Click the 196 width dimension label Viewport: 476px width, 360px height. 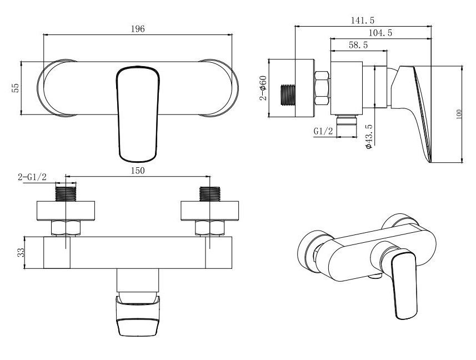coord(138,29)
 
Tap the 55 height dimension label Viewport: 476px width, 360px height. coord(15,88)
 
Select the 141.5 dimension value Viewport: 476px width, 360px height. coord(363,21)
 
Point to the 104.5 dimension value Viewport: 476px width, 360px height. coord(380,32)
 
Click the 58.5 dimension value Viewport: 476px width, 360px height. coord(358,45)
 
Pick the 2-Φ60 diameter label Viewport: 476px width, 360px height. coord(263,88)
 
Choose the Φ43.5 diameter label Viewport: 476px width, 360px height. coord(369,136)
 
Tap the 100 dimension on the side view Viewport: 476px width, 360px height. coord(458,114)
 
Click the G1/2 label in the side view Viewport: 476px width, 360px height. coord(323,131)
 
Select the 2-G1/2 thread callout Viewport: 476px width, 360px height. coord(32,177)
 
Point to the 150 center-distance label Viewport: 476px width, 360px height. coord(138,171)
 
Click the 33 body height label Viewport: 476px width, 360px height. coord(21,252)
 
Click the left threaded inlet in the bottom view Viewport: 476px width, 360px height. coord(66,193)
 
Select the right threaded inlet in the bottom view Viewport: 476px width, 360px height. coord(210,193)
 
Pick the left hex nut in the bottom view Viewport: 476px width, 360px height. coord(66,228)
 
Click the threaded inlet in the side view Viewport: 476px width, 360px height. coord(288,95)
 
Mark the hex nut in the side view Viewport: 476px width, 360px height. coord(322,88)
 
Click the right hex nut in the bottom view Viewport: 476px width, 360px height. coord(210,228)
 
